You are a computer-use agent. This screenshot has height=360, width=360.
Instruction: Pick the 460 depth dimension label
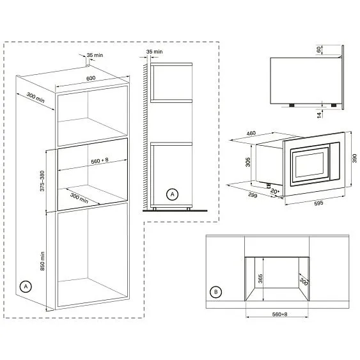(251, 134)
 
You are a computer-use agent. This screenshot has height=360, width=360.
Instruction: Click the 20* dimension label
(274, 191)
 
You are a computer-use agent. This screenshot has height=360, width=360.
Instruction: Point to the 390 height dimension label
(354, 157)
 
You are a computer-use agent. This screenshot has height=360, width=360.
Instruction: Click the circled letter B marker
(217, 292)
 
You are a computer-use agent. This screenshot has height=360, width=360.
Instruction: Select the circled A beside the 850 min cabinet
(26, 286)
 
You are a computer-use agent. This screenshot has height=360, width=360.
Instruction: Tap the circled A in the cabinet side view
(171, 193)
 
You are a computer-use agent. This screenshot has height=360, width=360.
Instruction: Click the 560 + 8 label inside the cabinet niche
(90, 162)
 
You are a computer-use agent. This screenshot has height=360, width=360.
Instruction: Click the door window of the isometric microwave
(309, 163)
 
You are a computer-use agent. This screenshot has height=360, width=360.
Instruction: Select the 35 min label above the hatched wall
(155, 51)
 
